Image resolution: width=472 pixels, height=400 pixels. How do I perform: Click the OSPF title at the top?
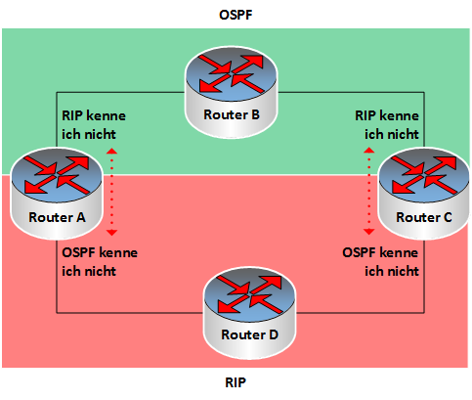[236, 15]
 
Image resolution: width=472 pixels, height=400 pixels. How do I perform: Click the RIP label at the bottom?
[236, 382]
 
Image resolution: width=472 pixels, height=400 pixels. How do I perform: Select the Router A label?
[57, 217]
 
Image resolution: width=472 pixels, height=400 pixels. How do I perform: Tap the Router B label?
[232, 114]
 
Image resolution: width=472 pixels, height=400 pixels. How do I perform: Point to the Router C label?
[424, 217]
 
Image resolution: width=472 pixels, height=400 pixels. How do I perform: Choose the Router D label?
[249, 334]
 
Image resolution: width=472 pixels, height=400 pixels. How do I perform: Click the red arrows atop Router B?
[232, 73]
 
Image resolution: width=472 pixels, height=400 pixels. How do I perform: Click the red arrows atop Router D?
[249, 294]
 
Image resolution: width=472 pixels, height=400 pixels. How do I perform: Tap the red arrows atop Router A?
[57, 175]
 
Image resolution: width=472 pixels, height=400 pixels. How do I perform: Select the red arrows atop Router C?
[424, 175]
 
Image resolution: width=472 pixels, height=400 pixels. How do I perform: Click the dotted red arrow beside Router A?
[111, 192]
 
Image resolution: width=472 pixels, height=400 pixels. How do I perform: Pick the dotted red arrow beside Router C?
[369, 191]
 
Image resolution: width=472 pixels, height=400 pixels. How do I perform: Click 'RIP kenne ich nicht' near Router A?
[94, 125]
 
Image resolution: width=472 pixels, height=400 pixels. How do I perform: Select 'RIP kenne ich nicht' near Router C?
[387, 125]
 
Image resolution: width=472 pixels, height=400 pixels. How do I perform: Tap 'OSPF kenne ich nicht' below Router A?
[100, 262]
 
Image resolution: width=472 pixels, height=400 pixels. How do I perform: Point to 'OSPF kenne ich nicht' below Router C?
[380, 262]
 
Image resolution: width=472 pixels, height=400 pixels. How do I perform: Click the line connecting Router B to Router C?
[424, 93]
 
